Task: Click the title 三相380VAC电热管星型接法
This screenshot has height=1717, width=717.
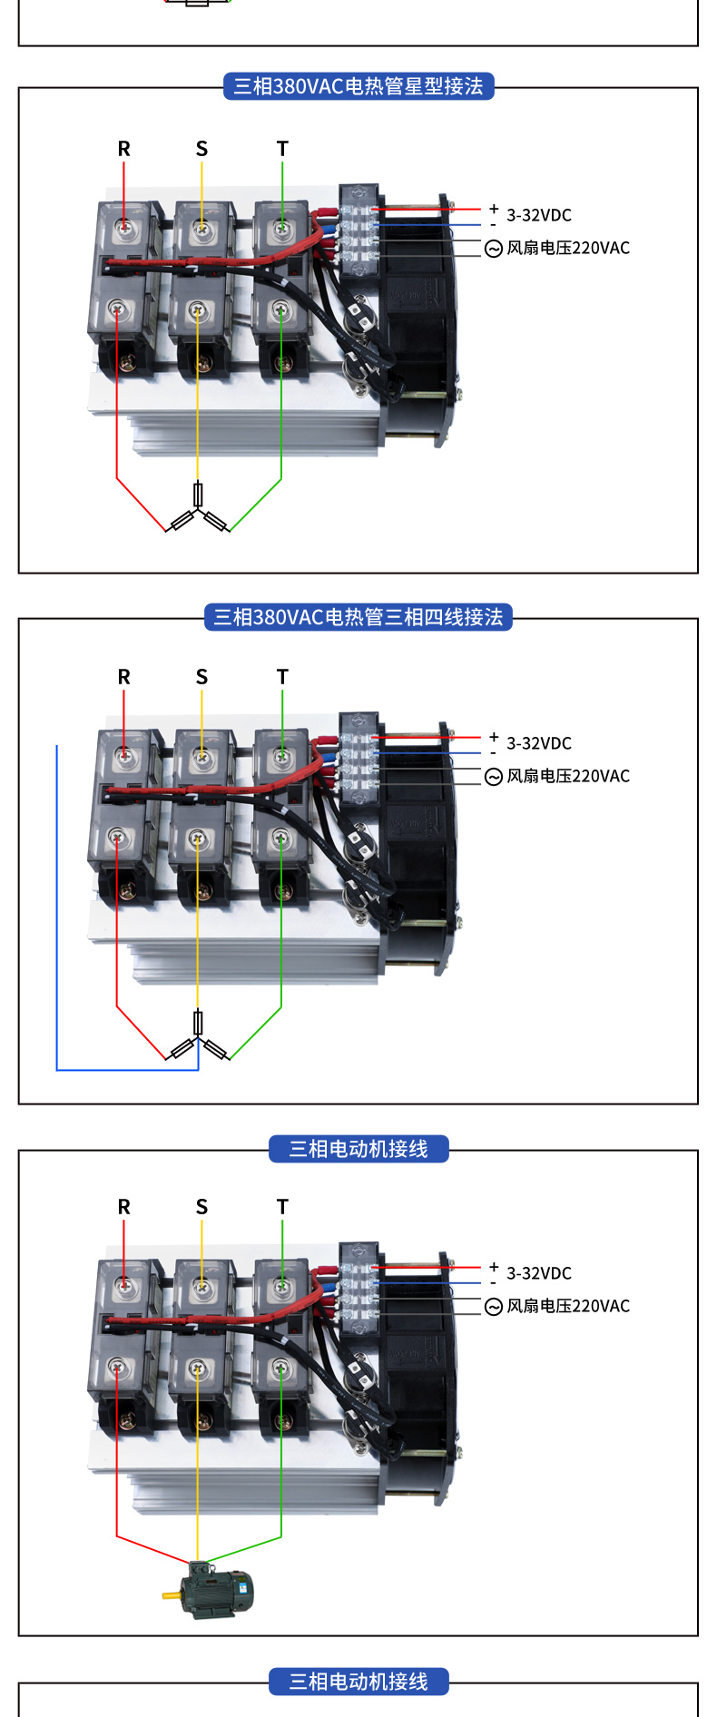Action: tap(358, 86)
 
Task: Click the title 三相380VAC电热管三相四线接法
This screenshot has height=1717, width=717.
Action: tap(358, 617)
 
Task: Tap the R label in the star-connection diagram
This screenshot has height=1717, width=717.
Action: tap(124, 149)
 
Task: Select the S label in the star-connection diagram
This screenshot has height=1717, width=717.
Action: tap(201, 149)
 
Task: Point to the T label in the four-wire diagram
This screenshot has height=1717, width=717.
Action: tap(282, 677)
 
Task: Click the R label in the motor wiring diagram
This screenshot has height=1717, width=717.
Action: tap(124, 1207)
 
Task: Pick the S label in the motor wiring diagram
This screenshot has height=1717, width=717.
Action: tap(201, 1207)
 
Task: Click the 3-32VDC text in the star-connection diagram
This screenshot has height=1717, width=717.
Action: tap(539, 215)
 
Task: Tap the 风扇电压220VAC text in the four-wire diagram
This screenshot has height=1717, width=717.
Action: tap(568, 776)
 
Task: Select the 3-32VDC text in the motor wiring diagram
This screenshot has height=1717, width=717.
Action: tap(539, 1273)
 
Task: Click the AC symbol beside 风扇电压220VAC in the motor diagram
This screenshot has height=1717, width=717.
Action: tap(494, 1307)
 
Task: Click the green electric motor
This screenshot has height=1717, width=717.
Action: tap(211, 1589)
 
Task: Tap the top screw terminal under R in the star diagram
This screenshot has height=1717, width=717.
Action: tap(123, 225)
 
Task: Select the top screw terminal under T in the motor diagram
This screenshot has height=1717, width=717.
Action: tap(281, 1284)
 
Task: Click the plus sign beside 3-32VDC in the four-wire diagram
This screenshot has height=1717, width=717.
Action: tap(494, 737)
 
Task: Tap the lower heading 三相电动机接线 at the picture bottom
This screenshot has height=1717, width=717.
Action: tap(358, 1682)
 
